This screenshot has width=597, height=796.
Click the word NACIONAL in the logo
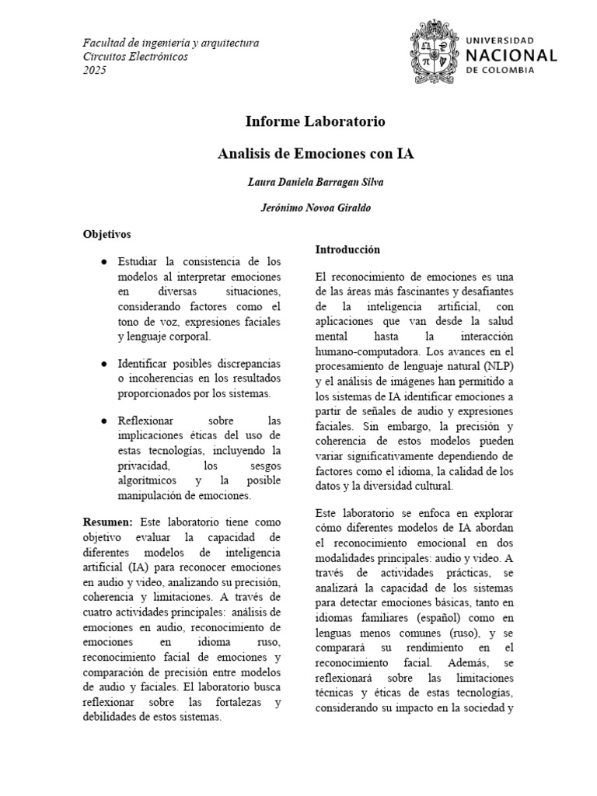pyautogui.click(x=510, y=55)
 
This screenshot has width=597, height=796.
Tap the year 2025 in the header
pyautogui.click(x=95, y=71)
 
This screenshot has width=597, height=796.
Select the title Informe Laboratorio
pyautogui.click(x=315, y=122)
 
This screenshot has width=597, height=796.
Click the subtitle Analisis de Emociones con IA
pyautogui.click(x=315, y=154)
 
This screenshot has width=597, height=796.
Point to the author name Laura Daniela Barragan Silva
pyautogui.click(x=315, y=182)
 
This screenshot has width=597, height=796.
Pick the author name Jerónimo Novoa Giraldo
pyautogui.click(x=315, y=208)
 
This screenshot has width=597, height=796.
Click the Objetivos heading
pyautogui.click(x=107, y=233)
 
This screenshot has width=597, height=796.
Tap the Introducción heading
pyautogui.click(x=347, y=250)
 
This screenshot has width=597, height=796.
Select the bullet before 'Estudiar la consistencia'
pyautogui.click(x=103, y=261)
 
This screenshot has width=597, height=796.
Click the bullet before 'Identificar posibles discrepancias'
pyautogui.click(x=103, y=364)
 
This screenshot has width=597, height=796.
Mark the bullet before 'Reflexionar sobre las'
pyautogui.click(x=103, y=421)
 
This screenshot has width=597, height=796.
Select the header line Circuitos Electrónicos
pyautogui.click(x=135, y=57)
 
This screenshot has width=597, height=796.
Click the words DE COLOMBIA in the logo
pyautogui.click(x=501, y=70)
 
